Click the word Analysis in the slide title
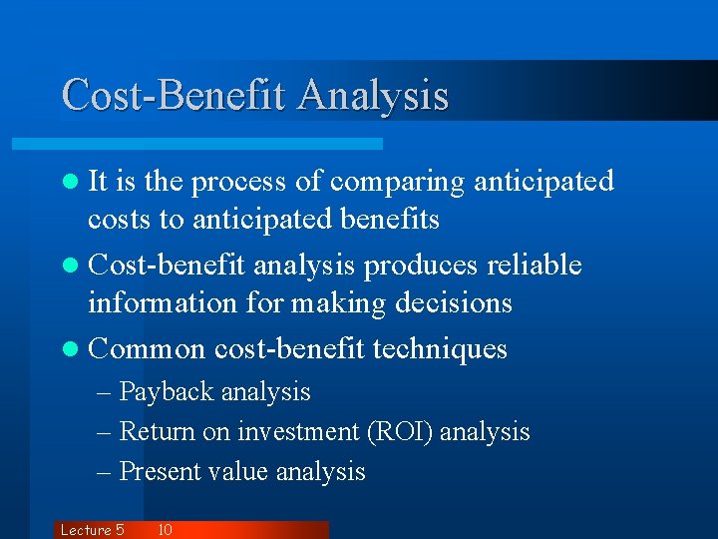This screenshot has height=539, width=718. pyautogui.click(x=373, y=96)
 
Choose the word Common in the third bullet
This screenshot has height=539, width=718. pyautogui.click(x=147, y=349)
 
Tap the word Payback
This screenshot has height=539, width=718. pyautogui.click(x=166, y=392)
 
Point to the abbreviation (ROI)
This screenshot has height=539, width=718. pyautogui.click(x=399, y=432)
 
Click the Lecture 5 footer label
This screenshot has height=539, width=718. pyautogui.click(x=92, y=530)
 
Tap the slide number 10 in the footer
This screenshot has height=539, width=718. pyautogui.click(x=166, y=530)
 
